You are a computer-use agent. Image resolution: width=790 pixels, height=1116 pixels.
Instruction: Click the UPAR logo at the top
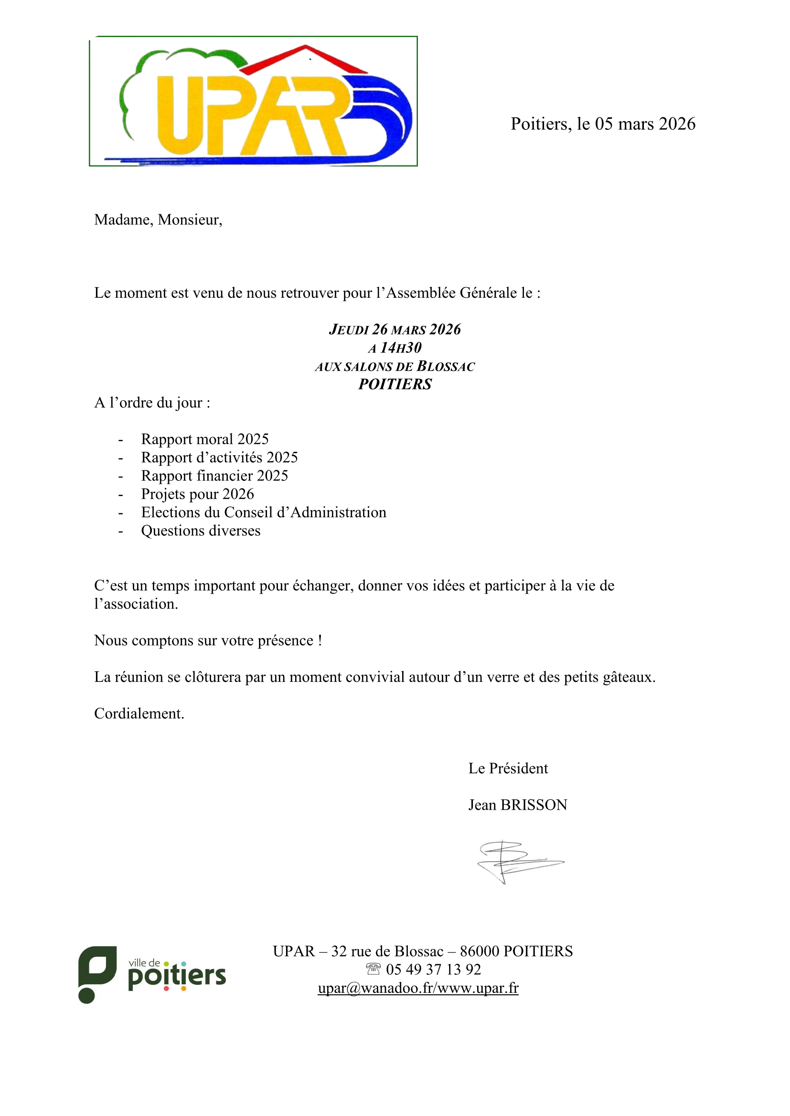tap(253, 101)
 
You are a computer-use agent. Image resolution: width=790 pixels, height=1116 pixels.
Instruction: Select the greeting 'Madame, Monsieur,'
tap(158, 219)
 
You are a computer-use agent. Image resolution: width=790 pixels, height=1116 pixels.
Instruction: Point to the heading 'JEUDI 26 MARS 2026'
tap(395, 330)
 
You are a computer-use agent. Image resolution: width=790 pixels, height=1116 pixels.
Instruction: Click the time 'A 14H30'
tap(395, 348)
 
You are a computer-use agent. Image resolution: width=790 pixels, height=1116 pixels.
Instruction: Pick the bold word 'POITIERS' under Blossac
tap(395, 385)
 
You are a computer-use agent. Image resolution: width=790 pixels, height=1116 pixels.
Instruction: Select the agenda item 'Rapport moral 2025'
tap(205, 439)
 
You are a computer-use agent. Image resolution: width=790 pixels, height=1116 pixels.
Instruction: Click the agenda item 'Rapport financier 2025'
tap(214, 475)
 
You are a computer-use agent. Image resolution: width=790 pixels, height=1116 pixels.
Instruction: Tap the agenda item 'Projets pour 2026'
tap(198, 494)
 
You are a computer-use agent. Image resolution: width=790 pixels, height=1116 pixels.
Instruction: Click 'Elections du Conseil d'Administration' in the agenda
tap(264, 512)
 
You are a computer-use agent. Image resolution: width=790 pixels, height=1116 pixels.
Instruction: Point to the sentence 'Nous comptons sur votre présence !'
tap(208, 640)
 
